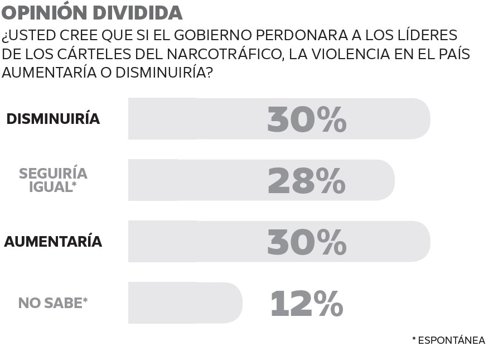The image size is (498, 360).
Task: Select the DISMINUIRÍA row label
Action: pyautogui.click(x=53, y=119)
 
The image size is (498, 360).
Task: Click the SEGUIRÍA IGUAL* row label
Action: pyautogui.click(x=53, y=180)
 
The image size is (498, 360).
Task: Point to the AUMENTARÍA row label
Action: pyautogui.click(x=53, y=242)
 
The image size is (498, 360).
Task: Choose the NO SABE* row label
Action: pyautogui.click(x=53, y=303)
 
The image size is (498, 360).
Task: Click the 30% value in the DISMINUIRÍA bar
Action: pyautogui.click(x=307, y=119)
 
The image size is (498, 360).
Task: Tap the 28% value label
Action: pyautogui.click(x=307, y=180)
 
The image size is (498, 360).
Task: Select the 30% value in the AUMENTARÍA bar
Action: pyautogui.click(x=307, y=242)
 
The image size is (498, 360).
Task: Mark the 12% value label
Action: pyautogui.click(x=307, y=303)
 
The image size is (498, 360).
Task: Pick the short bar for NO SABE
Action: pyautogui.click(x=184, y=303)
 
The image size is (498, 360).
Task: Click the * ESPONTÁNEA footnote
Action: pyautogui.click(x=448, y=340)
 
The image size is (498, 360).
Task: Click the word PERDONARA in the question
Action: pyautogui.click(x=297, y=35)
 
